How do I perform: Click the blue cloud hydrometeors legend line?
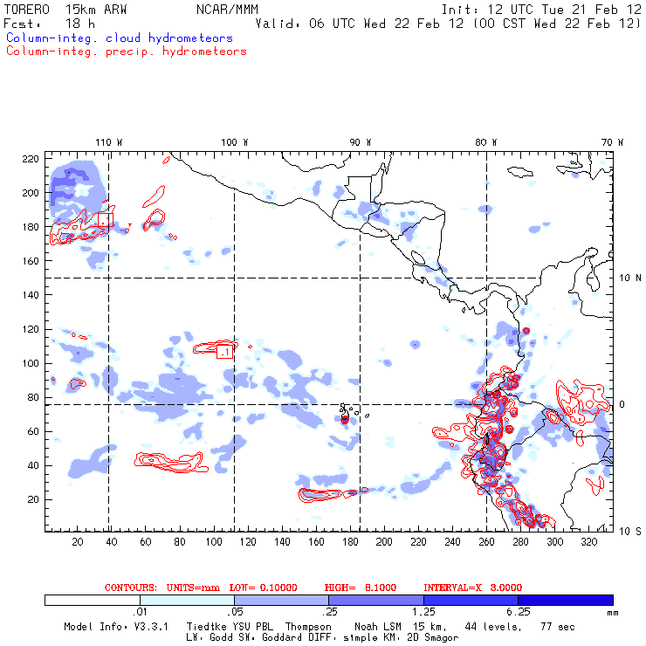[x=120, y=38]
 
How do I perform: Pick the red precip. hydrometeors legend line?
[x=127, y=51]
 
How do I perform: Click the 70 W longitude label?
[x=614, y=141]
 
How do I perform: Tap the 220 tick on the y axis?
[x=31, y=158]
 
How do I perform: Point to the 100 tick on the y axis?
[x=31, y=363]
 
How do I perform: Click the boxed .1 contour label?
[x=224, y=351]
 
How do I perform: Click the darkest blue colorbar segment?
[x=565, y=600]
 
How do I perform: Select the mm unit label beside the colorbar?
[x=611, y=613]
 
